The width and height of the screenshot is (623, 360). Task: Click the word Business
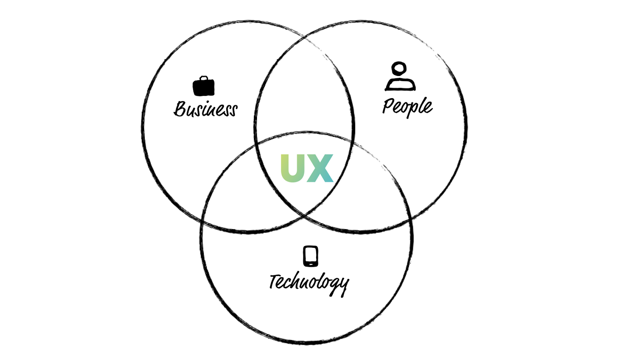tap(206, 109)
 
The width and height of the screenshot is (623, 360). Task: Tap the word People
tap(407, 106)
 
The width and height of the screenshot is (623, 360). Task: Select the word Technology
tap(309, 282)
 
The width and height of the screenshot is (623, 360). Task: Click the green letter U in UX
tap(292, 168)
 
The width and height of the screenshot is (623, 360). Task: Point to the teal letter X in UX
tap(320, 168)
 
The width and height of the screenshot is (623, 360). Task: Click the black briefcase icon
tap(204, 87)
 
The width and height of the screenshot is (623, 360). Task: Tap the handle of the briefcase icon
tap(204, 78)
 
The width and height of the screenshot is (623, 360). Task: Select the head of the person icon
tap(399, 69)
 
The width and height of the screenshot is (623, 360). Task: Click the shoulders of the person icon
tap(400, 84)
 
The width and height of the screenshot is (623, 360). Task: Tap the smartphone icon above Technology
tap(311, 256)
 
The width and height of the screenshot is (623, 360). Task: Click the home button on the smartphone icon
tap(311, 265)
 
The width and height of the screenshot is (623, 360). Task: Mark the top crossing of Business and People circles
tap(304, 35)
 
